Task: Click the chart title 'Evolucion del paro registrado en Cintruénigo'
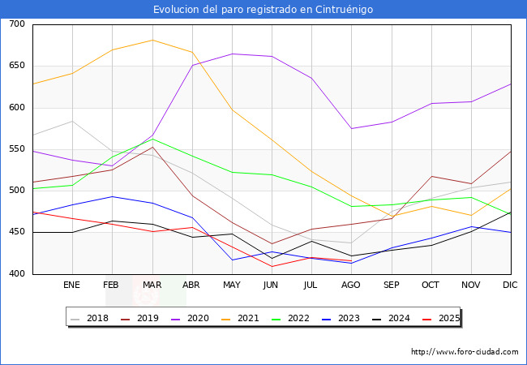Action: (x=263, y=9)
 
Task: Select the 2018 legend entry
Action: (x=89, y=318)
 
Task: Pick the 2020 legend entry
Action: (x=190, y=318)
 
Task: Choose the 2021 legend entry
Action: (x=240, y=318)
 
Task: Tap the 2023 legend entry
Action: (x=341, y=318)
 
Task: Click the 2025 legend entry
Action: (x=441, y=318)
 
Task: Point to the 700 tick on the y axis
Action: (x=17, y=24)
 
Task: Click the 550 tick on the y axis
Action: (x=17, y=149)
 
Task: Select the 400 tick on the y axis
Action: (x=17, y=273)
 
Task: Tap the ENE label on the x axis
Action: (x=71, y=285)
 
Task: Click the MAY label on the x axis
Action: (x=232, y=285)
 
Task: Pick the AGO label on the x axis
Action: (x=351, y=285)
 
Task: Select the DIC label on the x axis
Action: (x=510, y=285)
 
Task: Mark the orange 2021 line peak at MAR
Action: (x=152, y=40)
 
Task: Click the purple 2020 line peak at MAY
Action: (x=232, y=54)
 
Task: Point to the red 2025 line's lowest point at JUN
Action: (x=272, y=267)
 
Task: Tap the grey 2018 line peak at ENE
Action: (x=73, y=121)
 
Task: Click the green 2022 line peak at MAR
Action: (x=152, y=139)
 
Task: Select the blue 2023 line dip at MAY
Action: (x=232, y=260)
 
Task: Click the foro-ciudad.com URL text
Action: (x=465, y=351)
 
